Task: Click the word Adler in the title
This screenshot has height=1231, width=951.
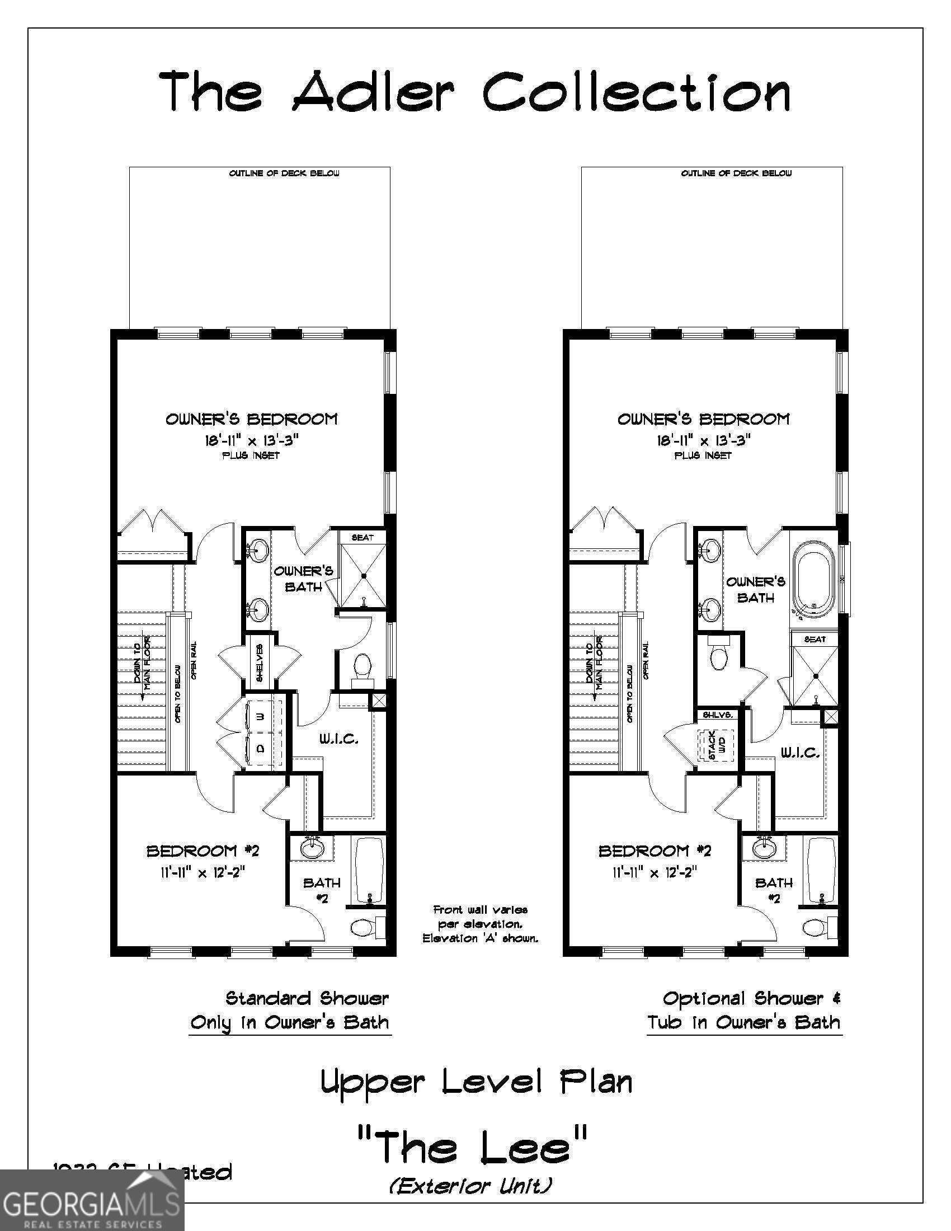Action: (373, 91)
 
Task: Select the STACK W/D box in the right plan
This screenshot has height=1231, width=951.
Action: (717, 746)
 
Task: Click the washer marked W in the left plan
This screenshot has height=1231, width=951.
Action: (260, 716)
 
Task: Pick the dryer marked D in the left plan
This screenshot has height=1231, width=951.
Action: (260, 749)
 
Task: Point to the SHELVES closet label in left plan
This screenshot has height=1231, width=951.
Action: (260, 663)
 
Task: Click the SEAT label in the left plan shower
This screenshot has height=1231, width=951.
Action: (362, 537)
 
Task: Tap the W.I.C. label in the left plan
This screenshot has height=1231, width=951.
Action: (339, 739)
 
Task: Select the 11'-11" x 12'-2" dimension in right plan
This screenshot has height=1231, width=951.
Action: (655, 872)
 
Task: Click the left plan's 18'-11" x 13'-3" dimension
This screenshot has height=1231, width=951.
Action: (251, 440)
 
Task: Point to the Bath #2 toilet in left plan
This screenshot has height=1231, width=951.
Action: (364, 926)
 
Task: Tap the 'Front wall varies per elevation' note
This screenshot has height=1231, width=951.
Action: (480, 924)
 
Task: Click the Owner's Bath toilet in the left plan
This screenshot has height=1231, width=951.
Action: (363, 666)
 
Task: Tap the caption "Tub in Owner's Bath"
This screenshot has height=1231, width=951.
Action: (743, 1022)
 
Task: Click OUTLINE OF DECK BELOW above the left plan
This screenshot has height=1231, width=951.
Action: (284, 173)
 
